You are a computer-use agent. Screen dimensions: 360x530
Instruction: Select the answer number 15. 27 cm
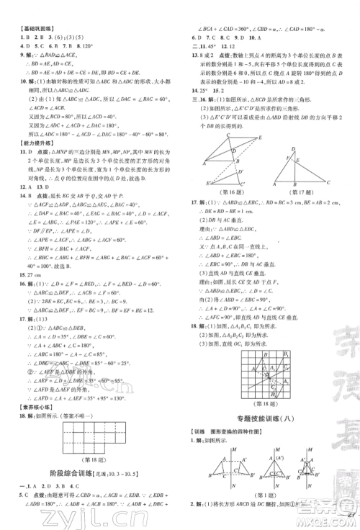26,274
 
